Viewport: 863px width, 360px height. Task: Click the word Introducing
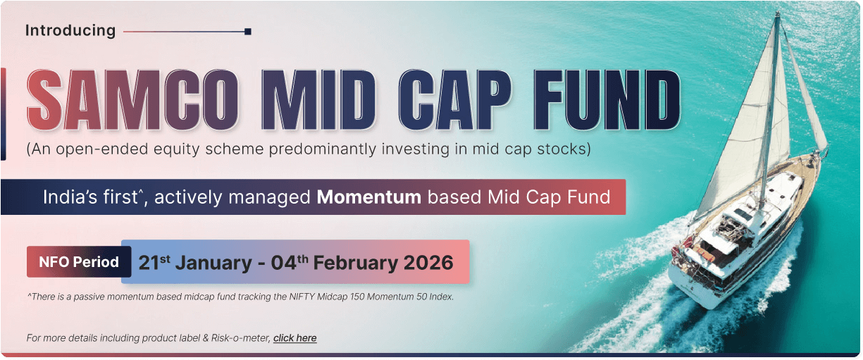[70, 30]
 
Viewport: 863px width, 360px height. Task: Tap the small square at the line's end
[248, 32]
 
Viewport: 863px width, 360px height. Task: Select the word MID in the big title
[318, 100]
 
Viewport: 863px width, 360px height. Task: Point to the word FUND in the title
[607, 100]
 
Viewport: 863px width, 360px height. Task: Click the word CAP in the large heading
[455, 100]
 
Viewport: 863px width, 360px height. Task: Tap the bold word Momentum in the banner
[368, 197]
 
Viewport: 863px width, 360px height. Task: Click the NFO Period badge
[79, 261]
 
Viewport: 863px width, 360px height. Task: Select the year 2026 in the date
[428, 263]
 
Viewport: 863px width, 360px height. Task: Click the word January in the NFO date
[213, 263]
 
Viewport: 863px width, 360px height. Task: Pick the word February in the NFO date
[356, 263]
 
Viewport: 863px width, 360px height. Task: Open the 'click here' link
[295, 338]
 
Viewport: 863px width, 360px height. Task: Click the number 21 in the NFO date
[149, 263]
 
